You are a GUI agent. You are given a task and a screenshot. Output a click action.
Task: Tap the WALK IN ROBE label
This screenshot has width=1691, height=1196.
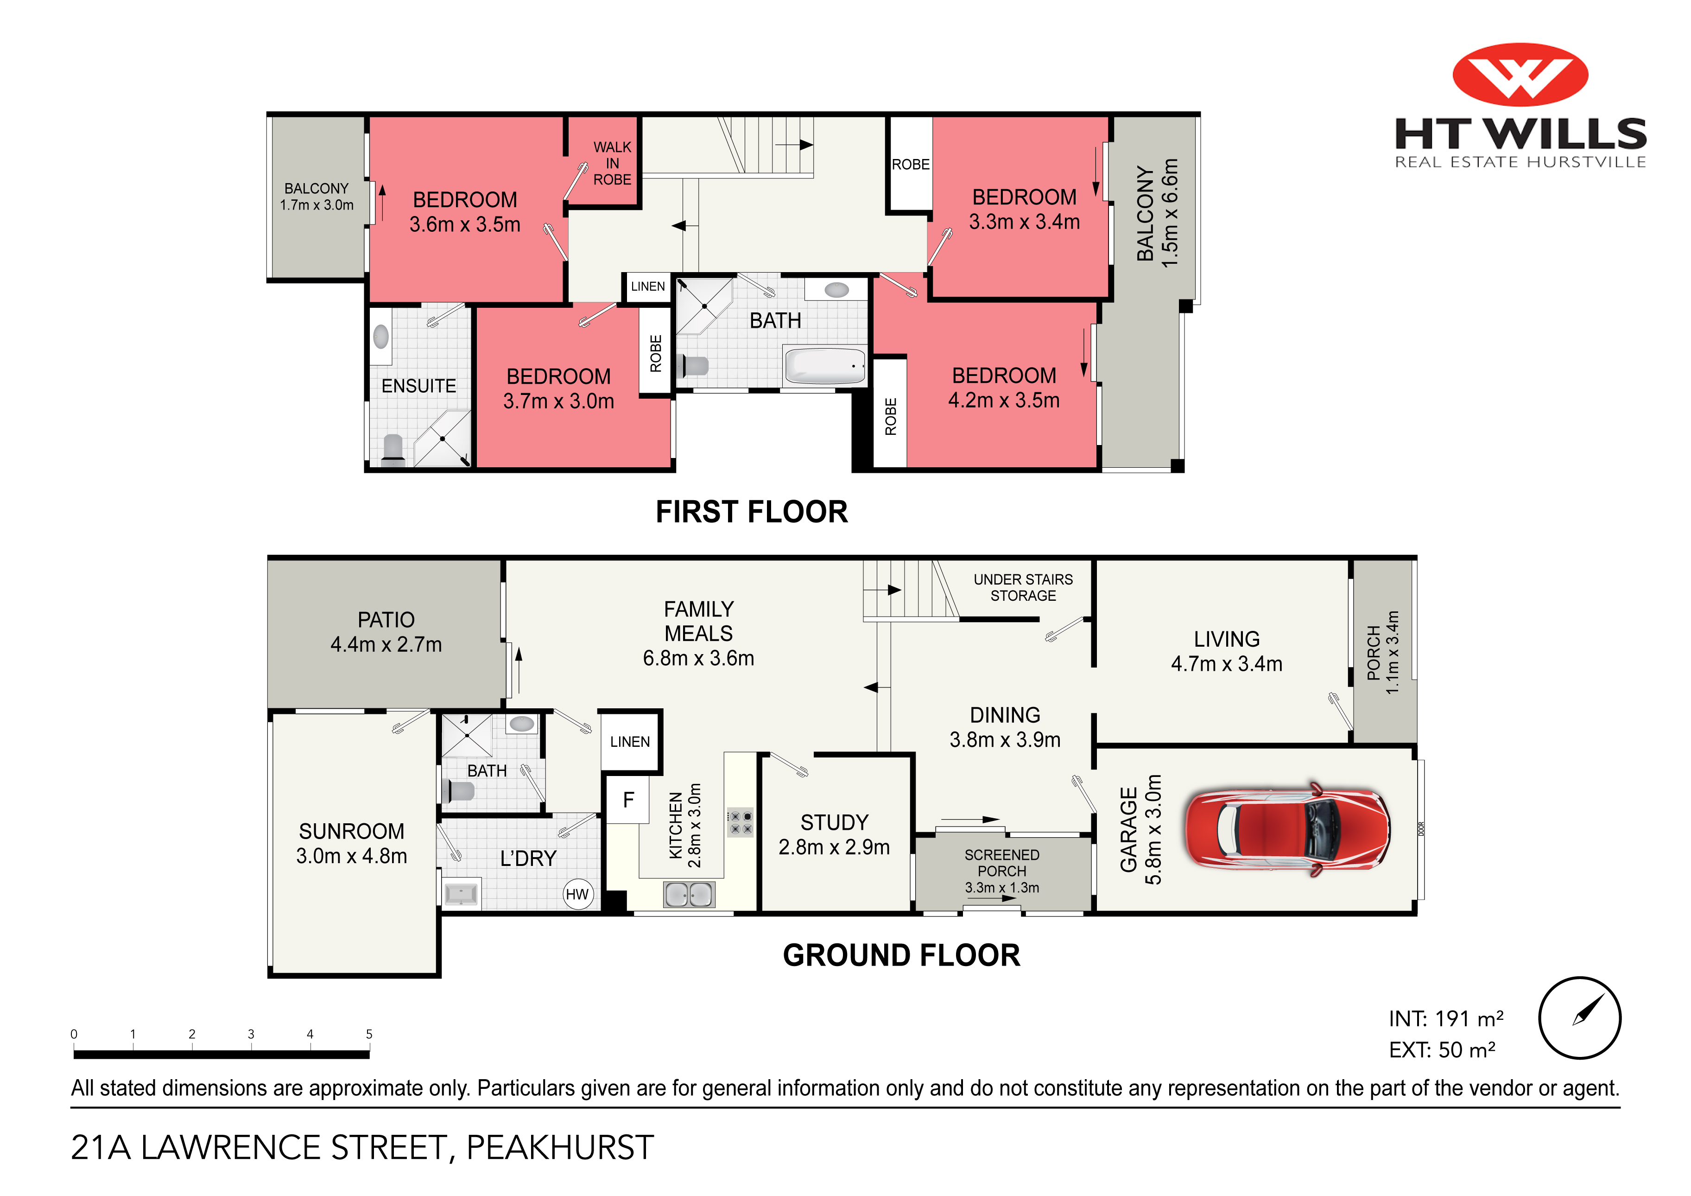click(x=612, y=163)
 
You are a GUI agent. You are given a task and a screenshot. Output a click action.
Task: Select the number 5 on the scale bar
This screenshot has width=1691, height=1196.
click(x=369, y=1034)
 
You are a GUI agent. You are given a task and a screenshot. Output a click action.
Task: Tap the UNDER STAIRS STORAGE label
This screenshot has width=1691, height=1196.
click(x=1023, y=587)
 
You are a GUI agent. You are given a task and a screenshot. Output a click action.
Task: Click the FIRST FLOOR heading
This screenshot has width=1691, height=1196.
click(x=751, y=511)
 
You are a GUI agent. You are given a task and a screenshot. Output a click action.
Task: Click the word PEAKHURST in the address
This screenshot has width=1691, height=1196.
click(x=560, y=1147)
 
